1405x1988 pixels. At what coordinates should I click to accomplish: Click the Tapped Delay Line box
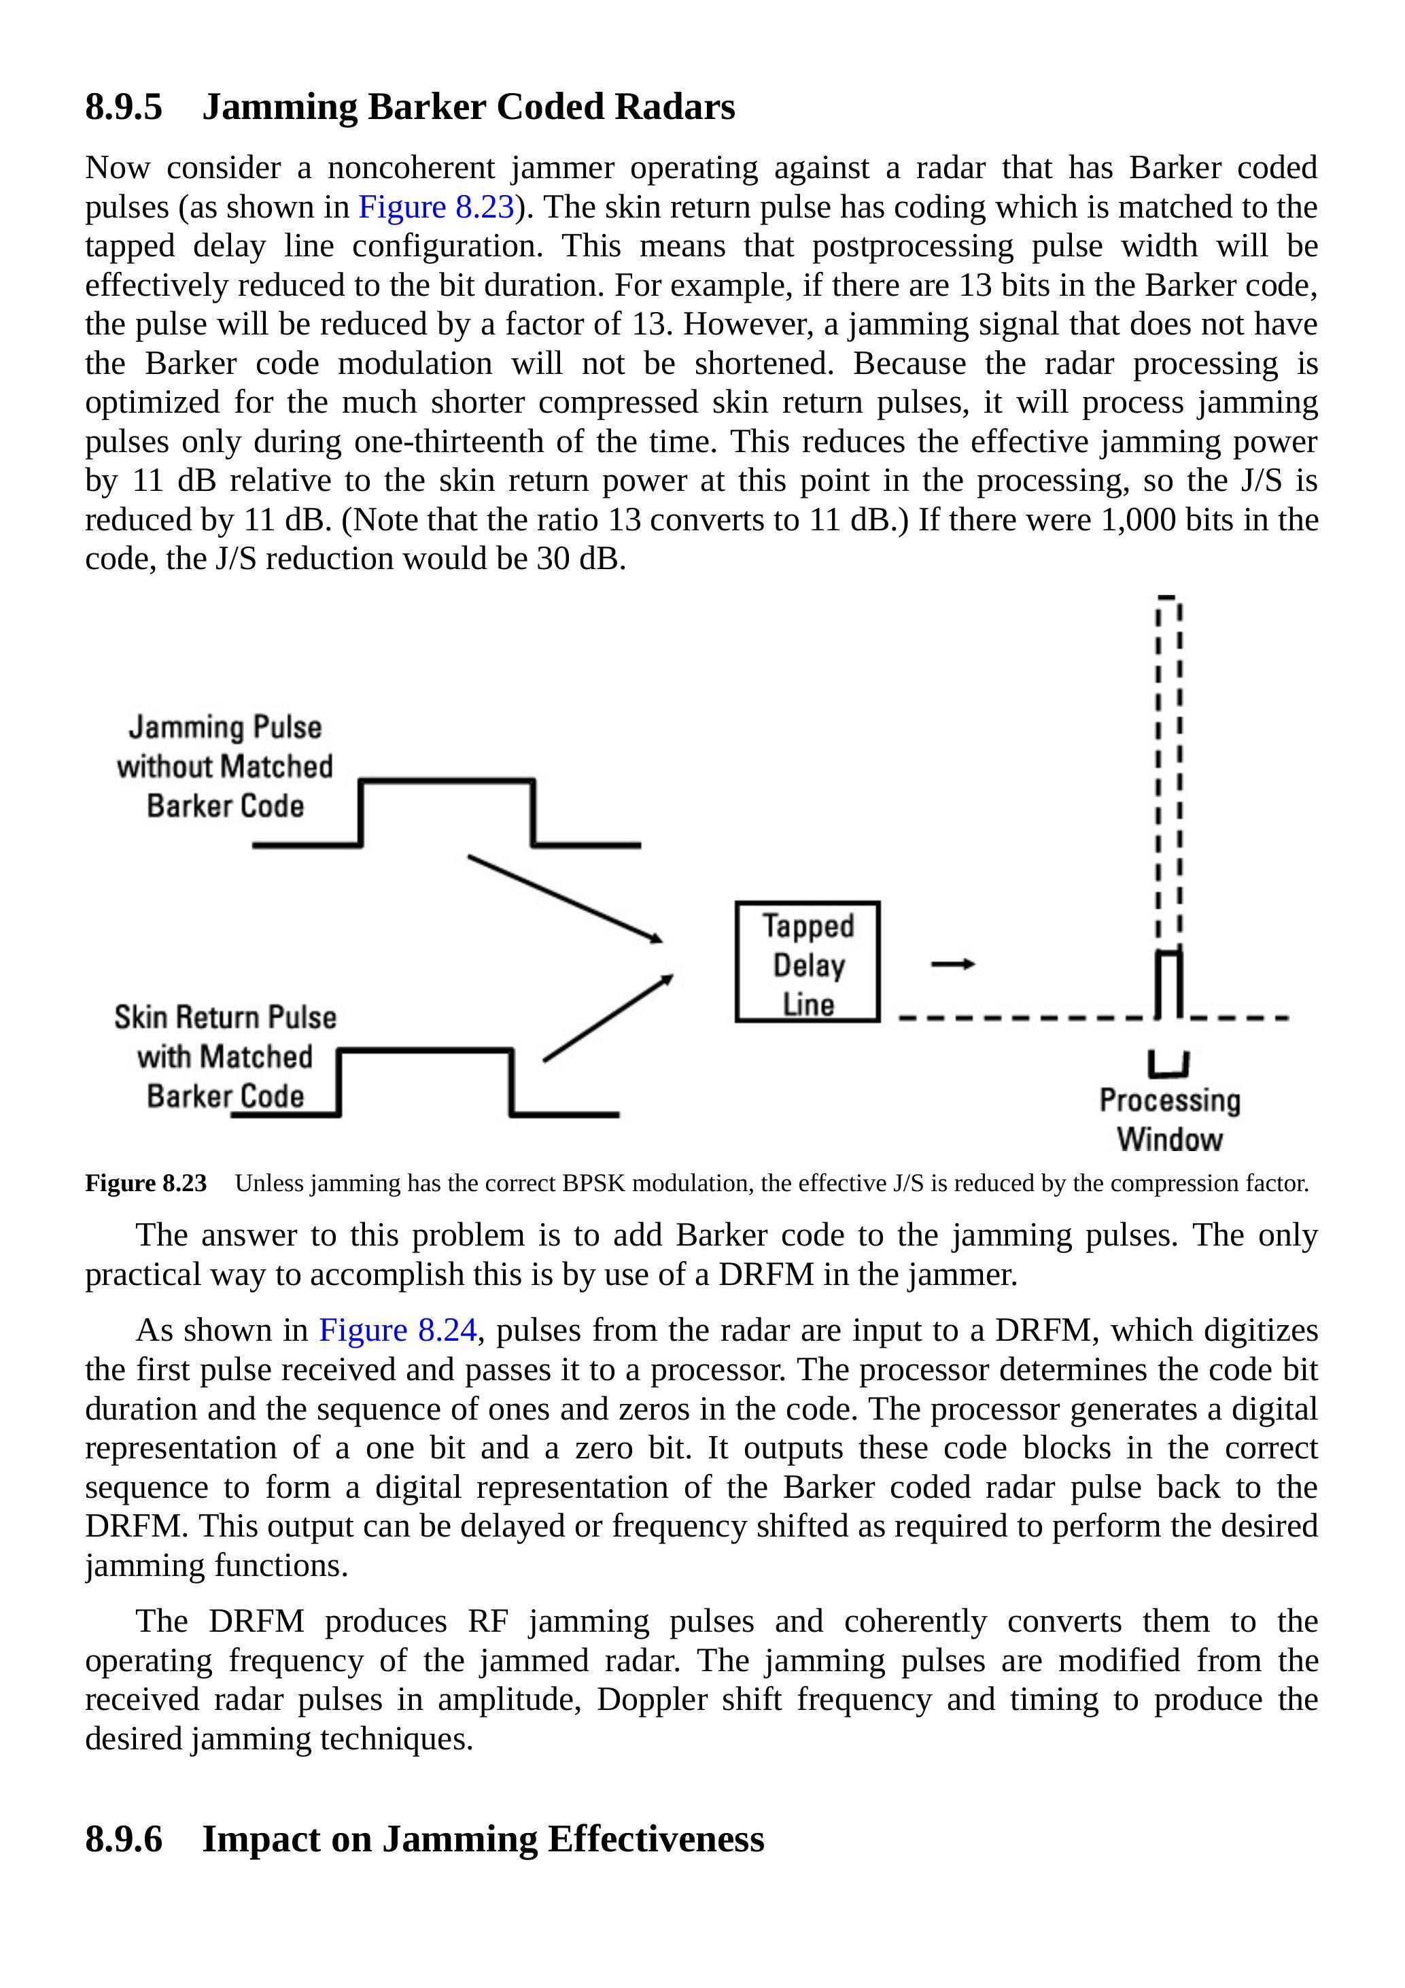click(807, 962)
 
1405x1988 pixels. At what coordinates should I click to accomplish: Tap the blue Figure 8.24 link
click(398, 1330)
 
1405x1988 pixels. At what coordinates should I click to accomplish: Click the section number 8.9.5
click(124, 107)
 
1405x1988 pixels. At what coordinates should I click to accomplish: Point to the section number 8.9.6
click(124, 1838)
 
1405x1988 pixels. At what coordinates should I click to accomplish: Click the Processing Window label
click(1170, 1120)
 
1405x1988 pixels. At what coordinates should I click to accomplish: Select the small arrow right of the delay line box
click(953, 963)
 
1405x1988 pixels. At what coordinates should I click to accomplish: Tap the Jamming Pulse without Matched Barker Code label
click(225, 766)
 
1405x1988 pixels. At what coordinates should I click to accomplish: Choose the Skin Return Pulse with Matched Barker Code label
click(225, 1057)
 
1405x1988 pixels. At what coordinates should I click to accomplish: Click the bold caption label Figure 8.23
click(145, 1184)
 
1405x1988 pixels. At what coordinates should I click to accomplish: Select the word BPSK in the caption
click(594, 1184)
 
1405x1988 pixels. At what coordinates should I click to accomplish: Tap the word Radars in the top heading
click(674, 107)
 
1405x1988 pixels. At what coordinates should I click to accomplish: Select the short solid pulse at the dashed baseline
click(1168, 985)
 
